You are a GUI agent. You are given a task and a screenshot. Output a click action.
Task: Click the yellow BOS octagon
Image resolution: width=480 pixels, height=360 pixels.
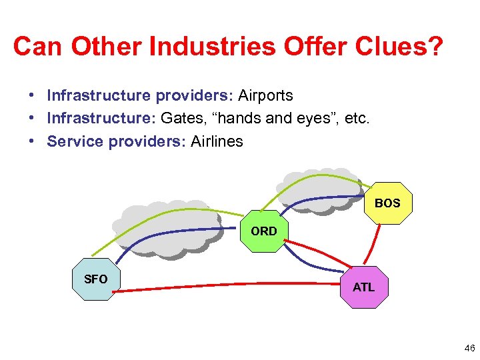[x=388, y=203]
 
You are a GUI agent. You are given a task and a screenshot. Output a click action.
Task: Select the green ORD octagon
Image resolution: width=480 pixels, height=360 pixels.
[x=264, y=231]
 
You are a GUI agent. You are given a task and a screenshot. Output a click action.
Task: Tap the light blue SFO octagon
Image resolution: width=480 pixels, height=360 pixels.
[x=95, y=279]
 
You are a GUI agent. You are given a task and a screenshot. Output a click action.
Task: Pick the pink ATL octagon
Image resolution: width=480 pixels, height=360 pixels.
[x=363, y=287]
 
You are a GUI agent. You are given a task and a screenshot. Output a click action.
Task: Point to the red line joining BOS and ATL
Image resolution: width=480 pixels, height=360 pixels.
[x=372, y=243]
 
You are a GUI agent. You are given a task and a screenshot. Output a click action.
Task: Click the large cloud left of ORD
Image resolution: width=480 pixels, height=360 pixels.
[x=167, y=227]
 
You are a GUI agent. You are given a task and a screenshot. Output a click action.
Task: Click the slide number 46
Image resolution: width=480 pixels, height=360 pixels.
[x=468, y=348]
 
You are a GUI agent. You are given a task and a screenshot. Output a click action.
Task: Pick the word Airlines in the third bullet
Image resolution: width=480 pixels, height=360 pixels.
[x=217, y=141]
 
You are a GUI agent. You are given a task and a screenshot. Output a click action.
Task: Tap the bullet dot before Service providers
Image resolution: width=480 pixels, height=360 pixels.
[x=31, y=141]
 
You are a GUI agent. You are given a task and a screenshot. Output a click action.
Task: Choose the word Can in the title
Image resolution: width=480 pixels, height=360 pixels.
[x=38, y=47]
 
